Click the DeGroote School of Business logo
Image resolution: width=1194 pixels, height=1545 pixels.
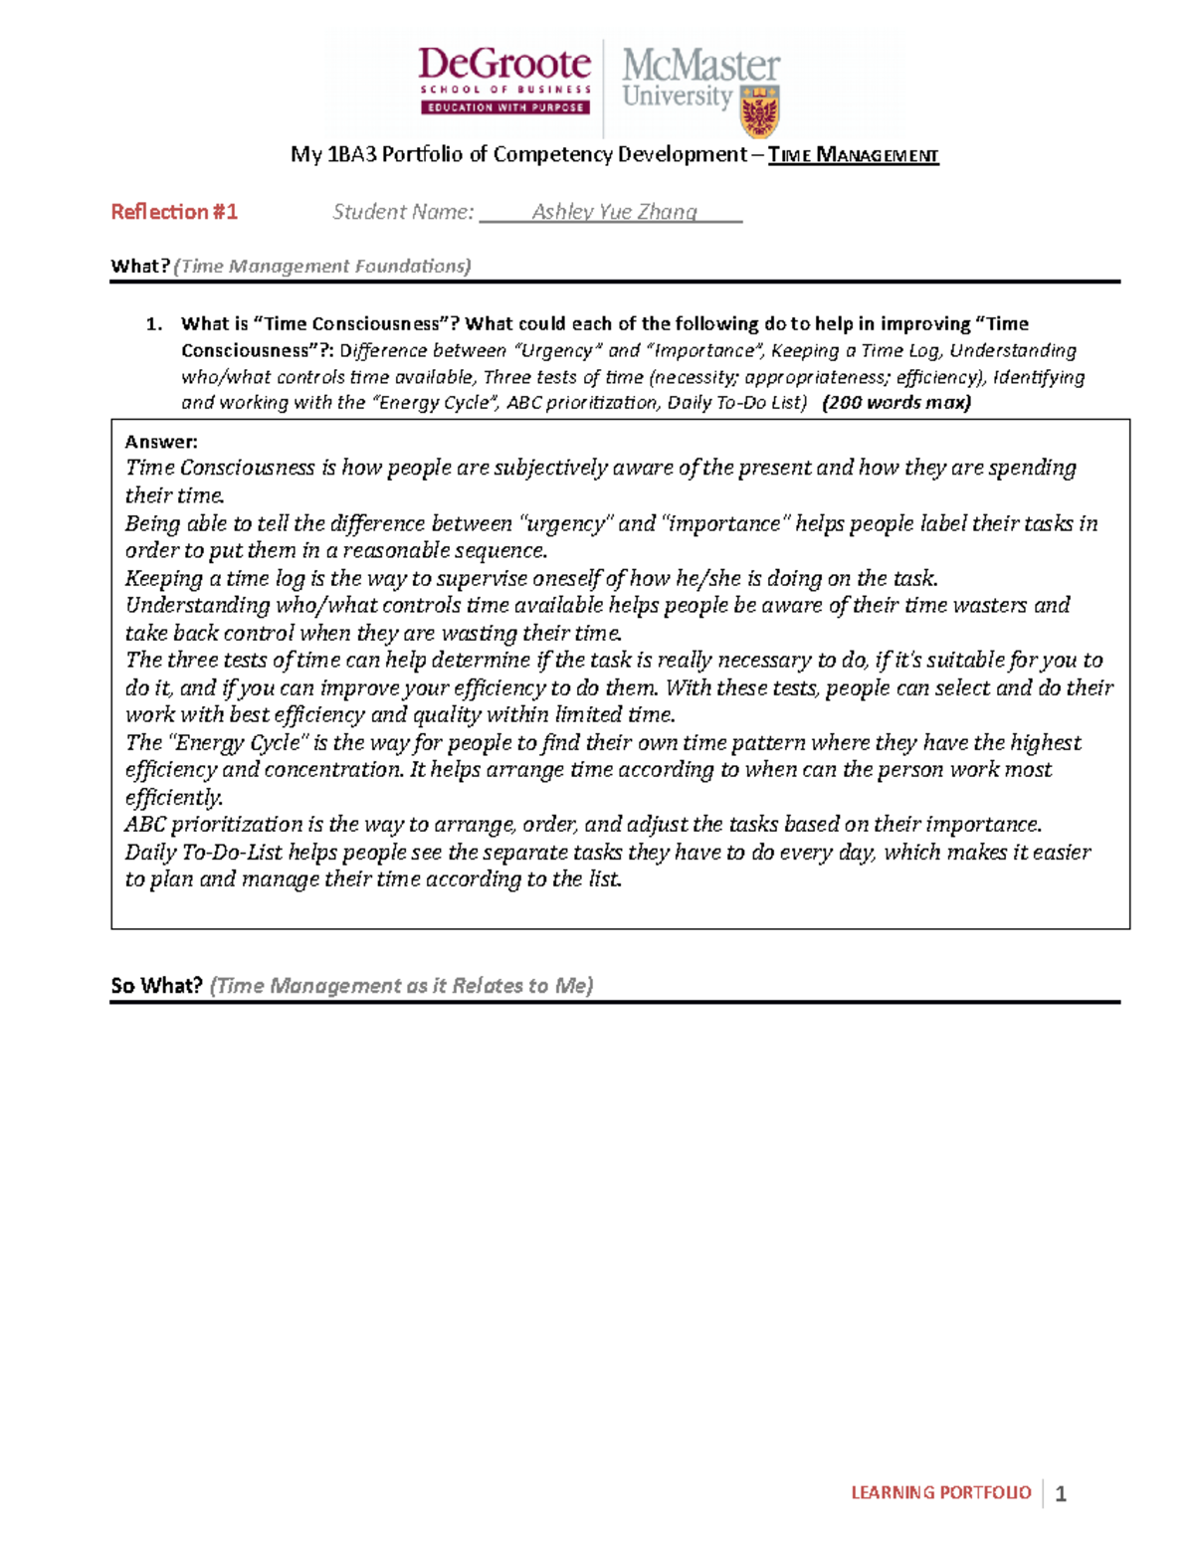(504, 80)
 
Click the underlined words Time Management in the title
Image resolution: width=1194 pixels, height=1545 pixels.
(853, 155)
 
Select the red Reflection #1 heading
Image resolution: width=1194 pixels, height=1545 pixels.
(174, 212)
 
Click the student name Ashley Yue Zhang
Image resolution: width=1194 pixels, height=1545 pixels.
(614, 212)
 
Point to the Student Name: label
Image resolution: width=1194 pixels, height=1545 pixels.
(403, 212)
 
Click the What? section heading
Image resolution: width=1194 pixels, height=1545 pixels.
(139, 266)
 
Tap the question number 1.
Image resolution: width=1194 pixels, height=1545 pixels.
(152, 323)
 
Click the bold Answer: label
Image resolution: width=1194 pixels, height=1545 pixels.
(161, 442)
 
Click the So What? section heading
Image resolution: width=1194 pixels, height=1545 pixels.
(156, 986)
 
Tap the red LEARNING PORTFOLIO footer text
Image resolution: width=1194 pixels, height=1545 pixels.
(940, 1492)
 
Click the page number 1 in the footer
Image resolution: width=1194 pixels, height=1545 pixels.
(1061, 1493)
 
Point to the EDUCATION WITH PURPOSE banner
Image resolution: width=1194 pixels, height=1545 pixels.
(505, 107)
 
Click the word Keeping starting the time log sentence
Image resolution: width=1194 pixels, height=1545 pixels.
(164, 579)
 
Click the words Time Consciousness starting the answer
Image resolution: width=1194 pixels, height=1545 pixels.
(220, 469)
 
